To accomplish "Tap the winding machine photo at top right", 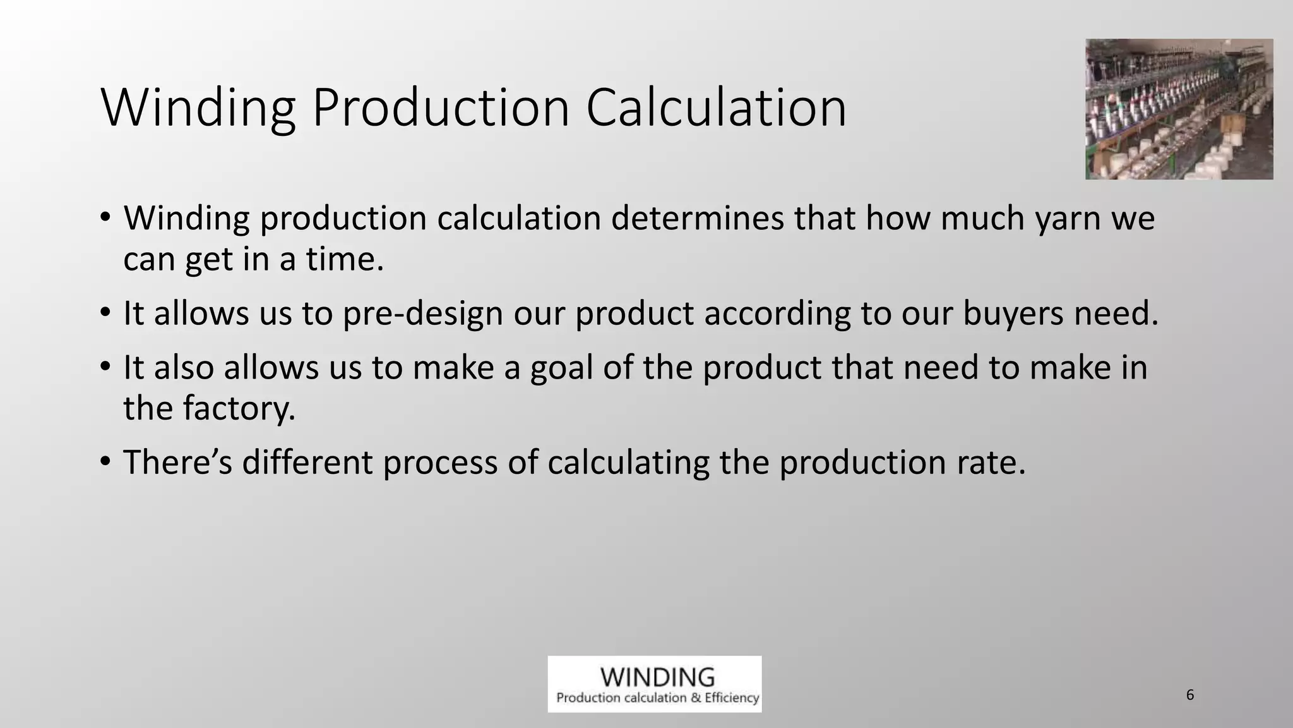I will point(1179,109).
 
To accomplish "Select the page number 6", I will point(1190,695).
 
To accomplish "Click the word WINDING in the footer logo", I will point(657,677).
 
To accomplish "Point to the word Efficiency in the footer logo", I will point(732,698).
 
